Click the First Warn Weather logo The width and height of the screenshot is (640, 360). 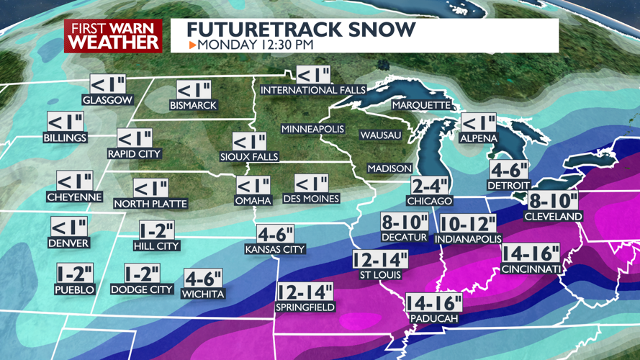113,36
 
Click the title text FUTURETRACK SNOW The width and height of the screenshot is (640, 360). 301,30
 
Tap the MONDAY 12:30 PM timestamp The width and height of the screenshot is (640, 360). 256,45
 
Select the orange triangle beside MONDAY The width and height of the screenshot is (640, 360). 192,45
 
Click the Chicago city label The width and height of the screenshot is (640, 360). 429,201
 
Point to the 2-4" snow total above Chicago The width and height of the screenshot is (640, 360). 430,186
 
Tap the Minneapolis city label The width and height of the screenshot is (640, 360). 312,129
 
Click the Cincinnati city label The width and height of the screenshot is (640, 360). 532,269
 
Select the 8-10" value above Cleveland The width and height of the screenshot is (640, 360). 554,201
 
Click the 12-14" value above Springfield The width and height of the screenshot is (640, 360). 304,292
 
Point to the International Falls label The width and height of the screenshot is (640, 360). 313,90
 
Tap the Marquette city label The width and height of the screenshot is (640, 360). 421,105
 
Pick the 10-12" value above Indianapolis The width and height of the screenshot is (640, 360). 468,223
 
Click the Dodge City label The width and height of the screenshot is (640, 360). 142,289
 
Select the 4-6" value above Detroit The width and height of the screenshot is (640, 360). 509,170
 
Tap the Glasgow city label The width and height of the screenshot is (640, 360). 107,100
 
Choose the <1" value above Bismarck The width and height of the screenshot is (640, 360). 194,90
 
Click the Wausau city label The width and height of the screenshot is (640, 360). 380,135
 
